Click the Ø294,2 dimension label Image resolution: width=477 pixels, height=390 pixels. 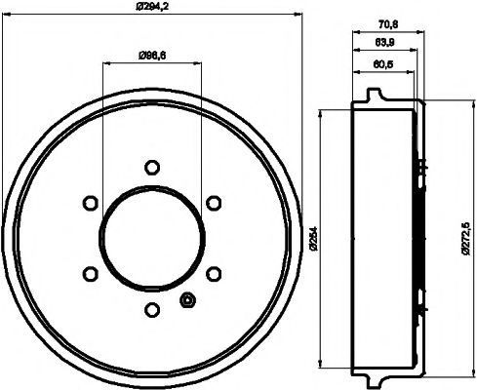151,8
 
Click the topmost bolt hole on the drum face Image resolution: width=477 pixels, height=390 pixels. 150,166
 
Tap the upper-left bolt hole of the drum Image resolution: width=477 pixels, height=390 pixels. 89,202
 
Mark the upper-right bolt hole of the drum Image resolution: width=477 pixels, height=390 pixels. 213,202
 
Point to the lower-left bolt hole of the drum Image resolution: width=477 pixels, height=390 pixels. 89,273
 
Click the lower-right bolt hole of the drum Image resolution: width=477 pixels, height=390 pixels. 213,273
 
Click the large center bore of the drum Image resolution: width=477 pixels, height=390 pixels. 150,237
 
